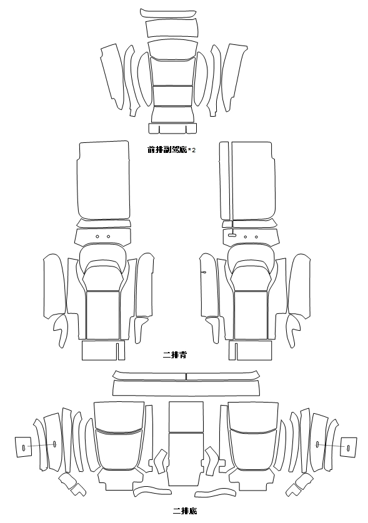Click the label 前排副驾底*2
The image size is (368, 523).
click(x=171, y=150)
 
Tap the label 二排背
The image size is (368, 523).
click(x=175, y=354)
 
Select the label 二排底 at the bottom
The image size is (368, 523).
click(x=185, y=511)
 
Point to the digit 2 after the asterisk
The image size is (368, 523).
click(x=194, y=150)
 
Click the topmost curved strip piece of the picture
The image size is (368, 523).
click(x=167, y=13)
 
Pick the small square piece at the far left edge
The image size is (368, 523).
click(x=24, y=447)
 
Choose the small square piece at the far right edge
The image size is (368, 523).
click(x=348, y=447)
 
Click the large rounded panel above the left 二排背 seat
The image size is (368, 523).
click(x=104, y=180)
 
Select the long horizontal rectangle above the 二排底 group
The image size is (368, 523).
click(x=186, y=388)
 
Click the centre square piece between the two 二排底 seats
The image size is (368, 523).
click(x=186, y=417)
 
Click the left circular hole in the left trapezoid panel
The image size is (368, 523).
click(x=97, y=237)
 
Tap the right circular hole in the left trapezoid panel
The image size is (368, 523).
click(x=109, y=237)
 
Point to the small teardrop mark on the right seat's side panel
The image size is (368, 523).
click(x=204, y=272)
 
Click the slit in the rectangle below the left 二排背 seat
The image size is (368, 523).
click(x=118, y=350)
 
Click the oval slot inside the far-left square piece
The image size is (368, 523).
click(x=24, y=447)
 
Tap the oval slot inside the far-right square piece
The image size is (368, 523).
click(x=348, y=447)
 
